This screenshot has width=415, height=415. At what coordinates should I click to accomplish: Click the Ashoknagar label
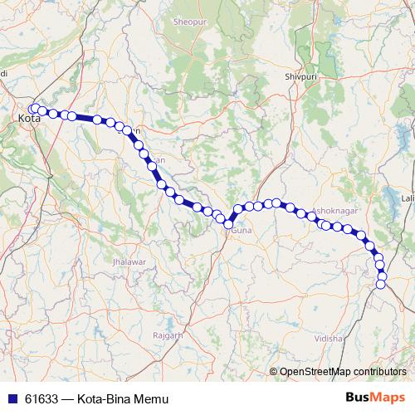pyautogui.click(x=334, y=212)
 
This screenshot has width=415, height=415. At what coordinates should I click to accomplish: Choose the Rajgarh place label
pyautogui.click(x=167, y=334)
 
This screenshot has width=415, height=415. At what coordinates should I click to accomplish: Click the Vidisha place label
pyautogui.click(x=328, y=339)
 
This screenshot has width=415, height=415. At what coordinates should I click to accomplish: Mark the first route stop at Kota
pyautogui.click(x=32, y=108)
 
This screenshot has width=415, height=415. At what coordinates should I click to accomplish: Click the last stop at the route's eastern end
pyautogui.click(x=381, y=285)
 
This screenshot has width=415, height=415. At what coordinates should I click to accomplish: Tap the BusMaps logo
pyautogui.click(x=375, y=398)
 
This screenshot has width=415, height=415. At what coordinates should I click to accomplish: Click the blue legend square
pyautogui.click(x=11, y=399)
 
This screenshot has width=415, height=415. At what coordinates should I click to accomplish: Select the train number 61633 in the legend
pyautogui.click(x=41, y=399)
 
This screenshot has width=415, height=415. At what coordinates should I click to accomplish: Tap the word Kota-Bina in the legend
pyautogui.click(x=105, y=399)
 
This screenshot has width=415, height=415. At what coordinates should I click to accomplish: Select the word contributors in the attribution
pyautogui.click(x=378, y=371)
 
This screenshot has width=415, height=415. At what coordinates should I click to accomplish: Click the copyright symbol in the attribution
pyautogui.click(x=275, y=371)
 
